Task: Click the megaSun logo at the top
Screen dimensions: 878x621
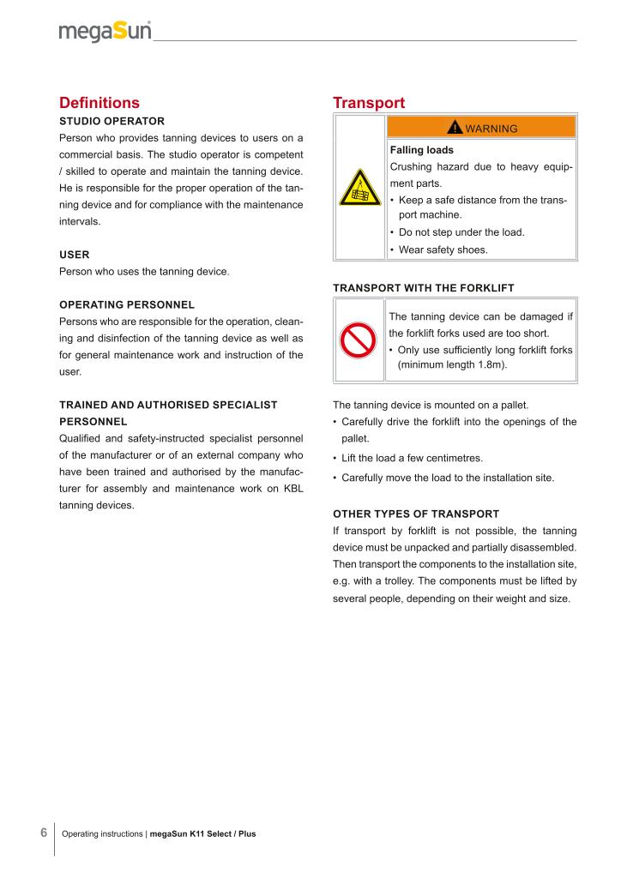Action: [x=106, y=33]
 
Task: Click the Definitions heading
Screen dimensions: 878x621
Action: [x=99, y=103]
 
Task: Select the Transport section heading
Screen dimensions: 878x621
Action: [x=369, y=103]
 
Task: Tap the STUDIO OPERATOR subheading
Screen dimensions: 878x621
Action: [x=112, y=121]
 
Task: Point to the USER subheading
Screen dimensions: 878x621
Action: [x=75, y=255]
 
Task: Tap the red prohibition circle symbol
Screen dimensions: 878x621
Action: [x=360, y=340]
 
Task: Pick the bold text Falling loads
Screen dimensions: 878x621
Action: [x=422, y=150]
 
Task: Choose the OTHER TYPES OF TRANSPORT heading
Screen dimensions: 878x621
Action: [x=416, y=514]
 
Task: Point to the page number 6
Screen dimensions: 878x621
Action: [x=44, y=833]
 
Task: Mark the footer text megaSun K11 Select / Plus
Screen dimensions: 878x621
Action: [x=202, y=833]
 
